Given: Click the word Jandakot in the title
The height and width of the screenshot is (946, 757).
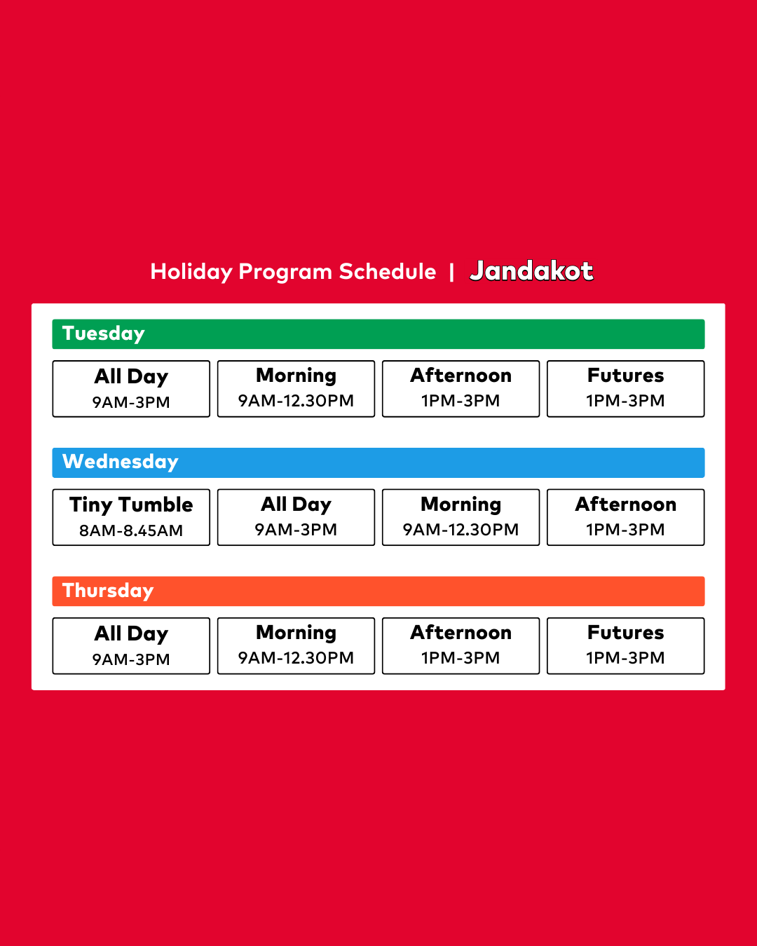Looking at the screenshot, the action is (531, 270).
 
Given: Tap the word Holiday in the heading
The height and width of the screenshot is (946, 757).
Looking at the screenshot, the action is (191, 272).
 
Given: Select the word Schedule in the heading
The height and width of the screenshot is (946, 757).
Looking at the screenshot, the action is (388, 271).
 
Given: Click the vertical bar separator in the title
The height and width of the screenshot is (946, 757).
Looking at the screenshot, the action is (451, 273).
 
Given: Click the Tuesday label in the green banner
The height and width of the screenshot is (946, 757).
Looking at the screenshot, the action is (103, 334).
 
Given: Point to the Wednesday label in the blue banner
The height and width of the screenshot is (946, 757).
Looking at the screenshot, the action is (120, 462).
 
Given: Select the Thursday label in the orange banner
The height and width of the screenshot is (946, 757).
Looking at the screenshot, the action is (108, 590).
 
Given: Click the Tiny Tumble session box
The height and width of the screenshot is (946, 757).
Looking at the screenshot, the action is (131, 517).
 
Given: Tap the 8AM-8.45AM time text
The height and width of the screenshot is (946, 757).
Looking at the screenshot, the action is (131, 530).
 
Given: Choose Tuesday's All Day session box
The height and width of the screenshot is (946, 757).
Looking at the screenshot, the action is (131, 389).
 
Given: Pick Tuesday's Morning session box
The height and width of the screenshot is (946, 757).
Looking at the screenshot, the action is (296, 389).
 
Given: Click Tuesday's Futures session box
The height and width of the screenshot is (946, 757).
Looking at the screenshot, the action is (625, 389).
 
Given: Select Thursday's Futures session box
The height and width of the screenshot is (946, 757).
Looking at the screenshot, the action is (625, 646).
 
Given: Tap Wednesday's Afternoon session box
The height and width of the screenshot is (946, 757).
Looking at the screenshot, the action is (625, 517).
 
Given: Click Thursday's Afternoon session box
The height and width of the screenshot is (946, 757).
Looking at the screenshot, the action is (461, 646).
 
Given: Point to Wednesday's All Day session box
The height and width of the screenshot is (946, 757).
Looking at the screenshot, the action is (296, 517).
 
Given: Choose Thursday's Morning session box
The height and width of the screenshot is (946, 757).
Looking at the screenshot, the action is (296, 646).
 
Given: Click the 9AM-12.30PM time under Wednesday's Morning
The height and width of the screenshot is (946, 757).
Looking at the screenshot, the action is (461, 530).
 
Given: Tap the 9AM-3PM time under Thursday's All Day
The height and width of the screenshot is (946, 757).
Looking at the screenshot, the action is (131, 659).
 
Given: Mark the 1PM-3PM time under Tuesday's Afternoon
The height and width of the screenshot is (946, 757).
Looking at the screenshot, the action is (461, 401).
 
